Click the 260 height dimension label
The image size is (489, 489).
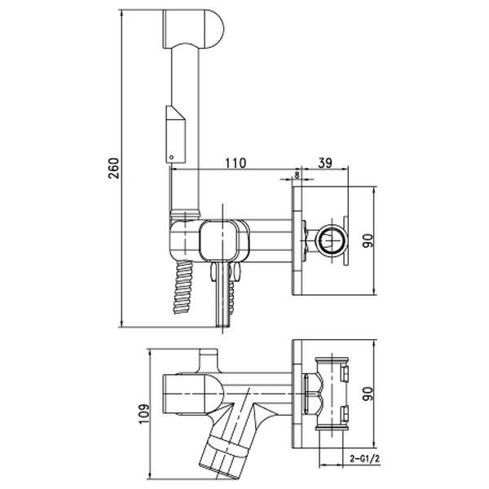[x=114, y=168]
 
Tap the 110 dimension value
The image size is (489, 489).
[x=236, y=163]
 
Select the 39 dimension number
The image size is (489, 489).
[x=325, y=163]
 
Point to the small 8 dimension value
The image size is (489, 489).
[x=297, y=175]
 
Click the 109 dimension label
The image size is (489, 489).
[x=143, y=414]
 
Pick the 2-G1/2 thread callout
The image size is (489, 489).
[x=364, y=458]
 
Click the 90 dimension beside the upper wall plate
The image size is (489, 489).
[x=368, y=240]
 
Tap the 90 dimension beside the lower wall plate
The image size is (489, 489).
[x=368, y=394]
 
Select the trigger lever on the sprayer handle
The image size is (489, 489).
[x=176, y=134]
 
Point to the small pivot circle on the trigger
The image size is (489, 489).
[x=171, y=157]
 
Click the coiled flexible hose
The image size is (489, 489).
[x=183, y=287]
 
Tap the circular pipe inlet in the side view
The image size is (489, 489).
[x=331, y=240]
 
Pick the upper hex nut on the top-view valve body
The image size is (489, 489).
[x=344, y=373]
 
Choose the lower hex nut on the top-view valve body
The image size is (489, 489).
[x=344, y=413]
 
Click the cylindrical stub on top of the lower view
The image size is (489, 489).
[x=209, y=361]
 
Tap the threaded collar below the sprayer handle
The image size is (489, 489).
[x=185, y=214]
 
